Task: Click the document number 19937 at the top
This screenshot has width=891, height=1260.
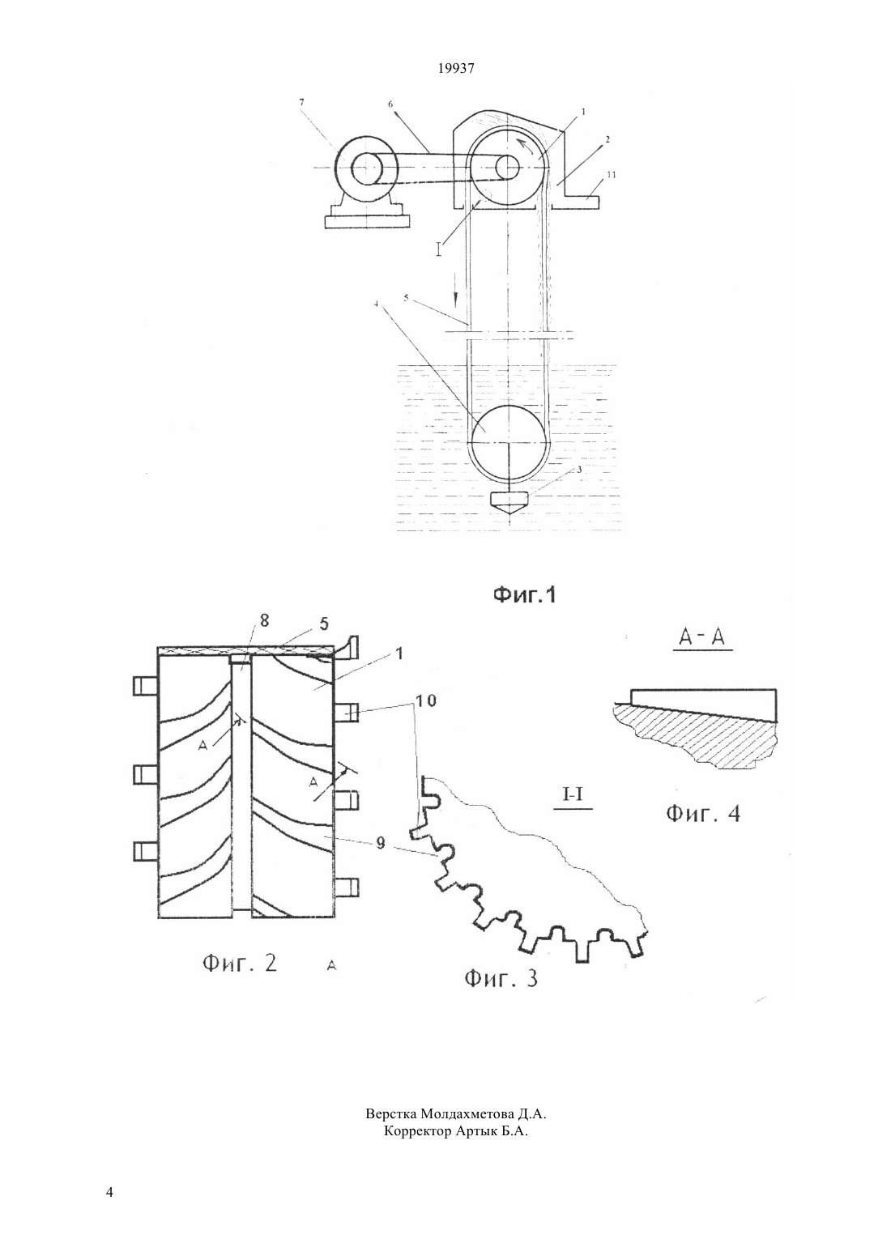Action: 455,69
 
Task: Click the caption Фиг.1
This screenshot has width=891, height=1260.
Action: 524,594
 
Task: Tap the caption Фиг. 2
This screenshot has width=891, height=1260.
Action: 240,964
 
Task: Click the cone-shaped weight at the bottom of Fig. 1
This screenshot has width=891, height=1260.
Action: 509,504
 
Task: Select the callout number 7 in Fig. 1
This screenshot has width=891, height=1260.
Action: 301,102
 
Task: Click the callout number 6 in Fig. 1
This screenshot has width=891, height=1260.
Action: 390,104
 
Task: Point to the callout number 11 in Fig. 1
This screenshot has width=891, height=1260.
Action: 612,175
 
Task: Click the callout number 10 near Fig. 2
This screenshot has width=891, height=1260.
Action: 426,701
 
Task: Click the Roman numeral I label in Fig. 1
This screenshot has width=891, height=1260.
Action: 439,249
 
